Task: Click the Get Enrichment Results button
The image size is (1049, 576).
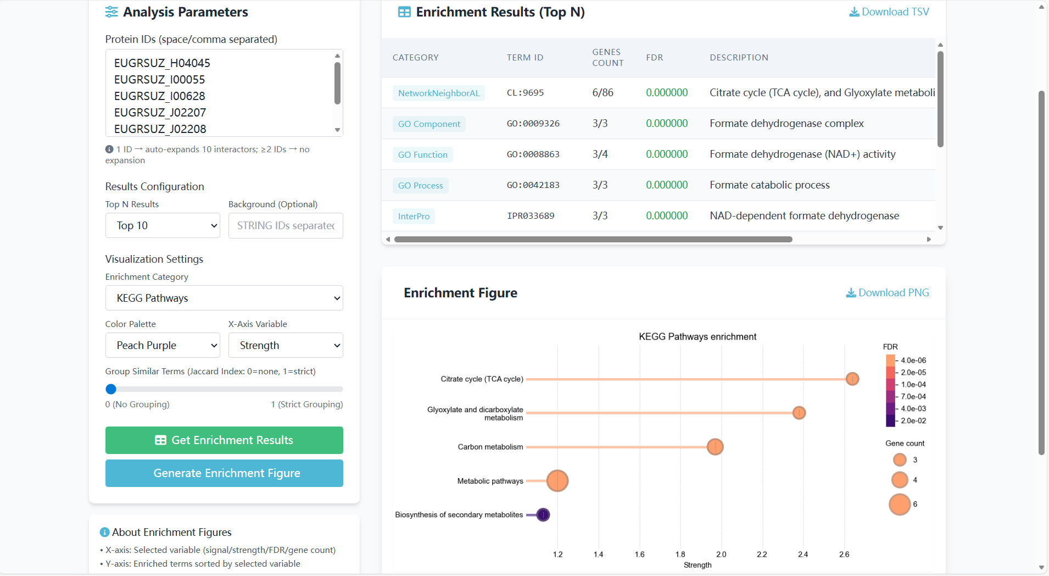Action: (x=224, y=440)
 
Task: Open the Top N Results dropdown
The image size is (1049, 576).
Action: (x=163, y=226)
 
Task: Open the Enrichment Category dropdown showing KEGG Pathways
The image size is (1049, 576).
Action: (x=224, y=298)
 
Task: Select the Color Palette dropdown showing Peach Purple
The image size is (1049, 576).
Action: (x=163, y=346)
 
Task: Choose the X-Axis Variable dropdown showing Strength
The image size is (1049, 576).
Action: (x=286, y=346)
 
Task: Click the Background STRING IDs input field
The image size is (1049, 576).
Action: (x=286, y=226)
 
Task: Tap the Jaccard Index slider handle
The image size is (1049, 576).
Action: (x=111, y=389)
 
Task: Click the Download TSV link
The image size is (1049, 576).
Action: (x=889, y=12)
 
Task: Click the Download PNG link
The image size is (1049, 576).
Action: (x=888, y=293)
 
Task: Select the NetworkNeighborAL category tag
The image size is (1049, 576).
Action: (x=438, y=93)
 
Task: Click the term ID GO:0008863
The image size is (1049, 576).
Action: (x=533, y=154)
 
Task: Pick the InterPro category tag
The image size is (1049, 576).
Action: (x=414, y=217)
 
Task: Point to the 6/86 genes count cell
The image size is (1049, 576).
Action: (x=602, y=93)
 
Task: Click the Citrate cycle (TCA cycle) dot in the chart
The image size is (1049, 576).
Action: (x=852, y=379)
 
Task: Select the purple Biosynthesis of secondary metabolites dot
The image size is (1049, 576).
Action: (x=543, y=515)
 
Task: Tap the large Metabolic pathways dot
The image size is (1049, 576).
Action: (x=557, y=481)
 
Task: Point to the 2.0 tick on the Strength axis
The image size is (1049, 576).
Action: (x=721, y=555)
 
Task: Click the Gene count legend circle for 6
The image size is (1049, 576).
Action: (x=900, y=505)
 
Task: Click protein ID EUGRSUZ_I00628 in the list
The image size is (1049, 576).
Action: (x=159, y=96)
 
